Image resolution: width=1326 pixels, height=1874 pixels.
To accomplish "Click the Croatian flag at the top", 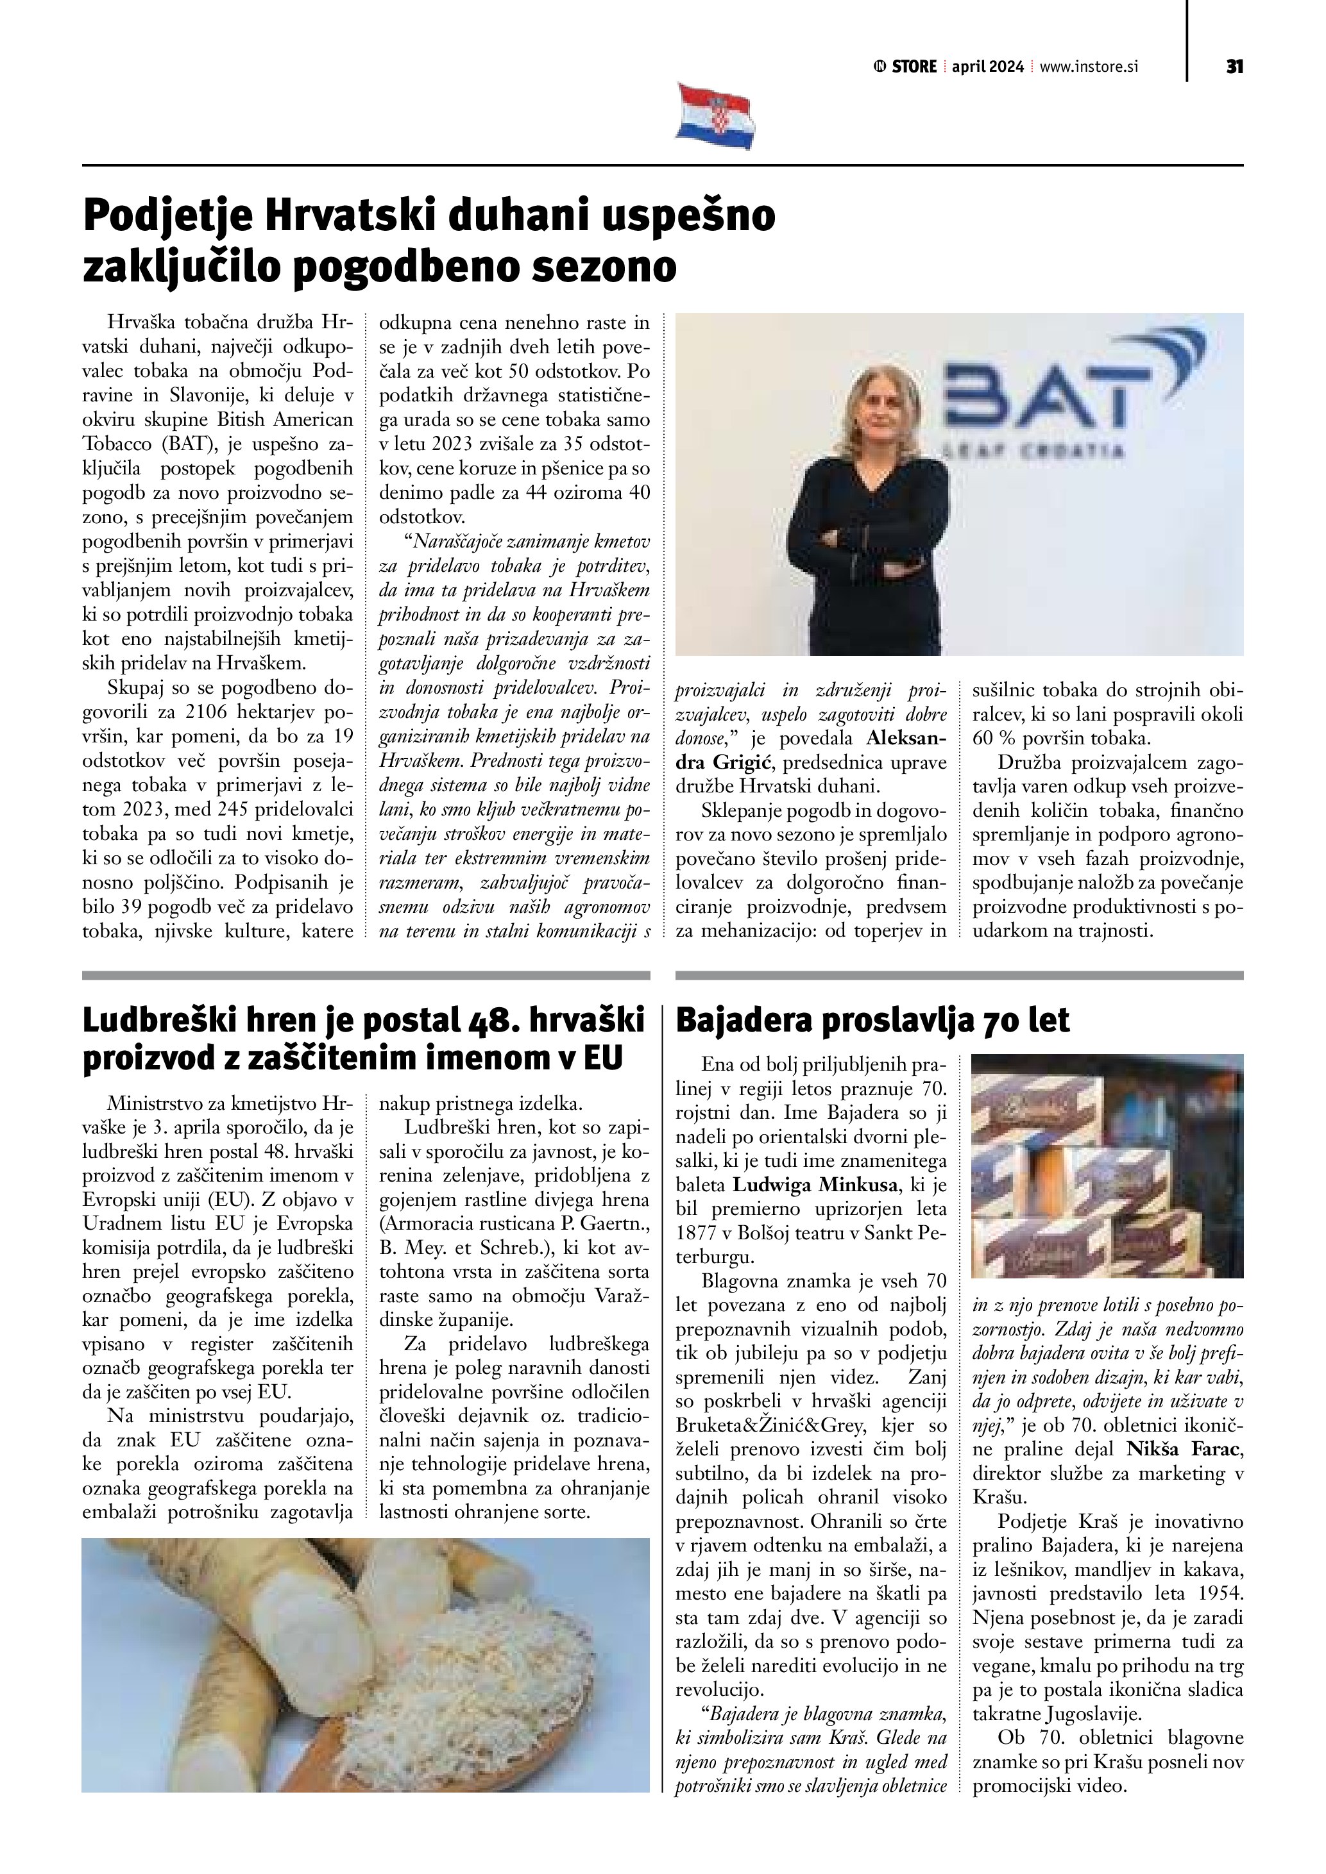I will (x=715, y=115).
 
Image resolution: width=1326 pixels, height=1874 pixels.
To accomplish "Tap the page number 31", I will (x=1234, y=67).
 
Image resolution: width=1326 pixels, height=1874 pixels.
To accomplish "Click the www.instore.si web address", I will (x=1089, y=67).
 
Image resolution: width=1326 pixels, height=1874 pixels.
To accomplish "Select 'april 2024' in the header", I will (x=987, y=67).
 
